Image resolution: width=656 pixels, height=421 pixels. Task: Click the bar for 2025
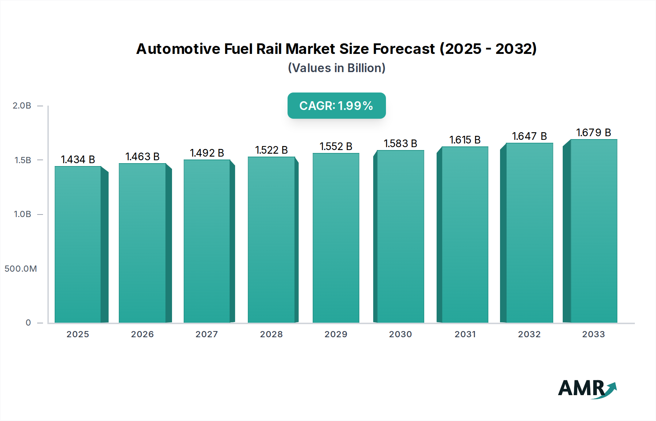tap(78, 244)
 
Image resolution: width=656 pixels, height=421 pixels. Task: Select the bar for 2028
tap(271, 239)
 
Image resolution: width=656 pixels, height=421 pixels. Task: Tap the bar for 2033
tap(594, 231)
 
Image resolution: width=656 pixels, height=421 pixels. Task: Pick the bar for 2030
tap(400, 236)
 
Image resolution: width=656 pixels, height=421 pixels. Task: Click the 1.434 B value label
tap(78, 160)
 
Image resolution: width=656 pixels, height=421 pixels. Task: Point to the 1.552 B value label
tap(336, 146)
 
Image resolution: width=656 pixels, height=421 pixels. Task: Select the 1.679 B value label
tap(593, 133)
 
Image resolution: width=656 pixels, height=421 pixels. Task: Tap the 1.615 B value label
tap(465, 140)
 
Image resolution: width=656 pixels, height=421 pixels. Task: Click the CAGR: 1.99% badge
tap(336, 106)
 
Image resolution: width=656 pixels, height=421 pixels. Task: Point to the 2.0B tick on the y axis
tap(22, 106)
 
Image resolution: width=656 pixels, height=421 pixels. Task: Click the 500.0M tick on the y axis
tap(21, 269)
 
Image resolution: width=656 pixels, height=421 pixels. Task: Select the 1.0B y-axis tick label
tap(22, 214)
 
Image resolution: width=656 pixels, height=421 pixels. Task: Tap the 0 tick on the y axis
tap(28, 323)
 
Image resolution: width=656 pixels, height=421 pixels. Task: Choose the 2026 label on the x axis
tap(142, 334)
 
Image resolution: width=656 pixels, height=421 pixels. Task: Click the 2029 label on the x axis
tap(336, 334)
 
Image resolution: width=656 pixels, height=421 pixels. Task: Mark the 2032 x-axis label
tap(529, 334)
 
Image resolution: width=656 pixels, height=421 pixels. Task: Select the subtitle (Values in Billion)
tap(336, 68)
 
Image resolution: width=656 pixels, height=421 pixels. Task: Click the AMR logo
tap(587, 389)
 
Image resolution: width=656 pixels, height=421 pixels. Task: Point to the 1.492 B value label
tap(207, 153)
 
